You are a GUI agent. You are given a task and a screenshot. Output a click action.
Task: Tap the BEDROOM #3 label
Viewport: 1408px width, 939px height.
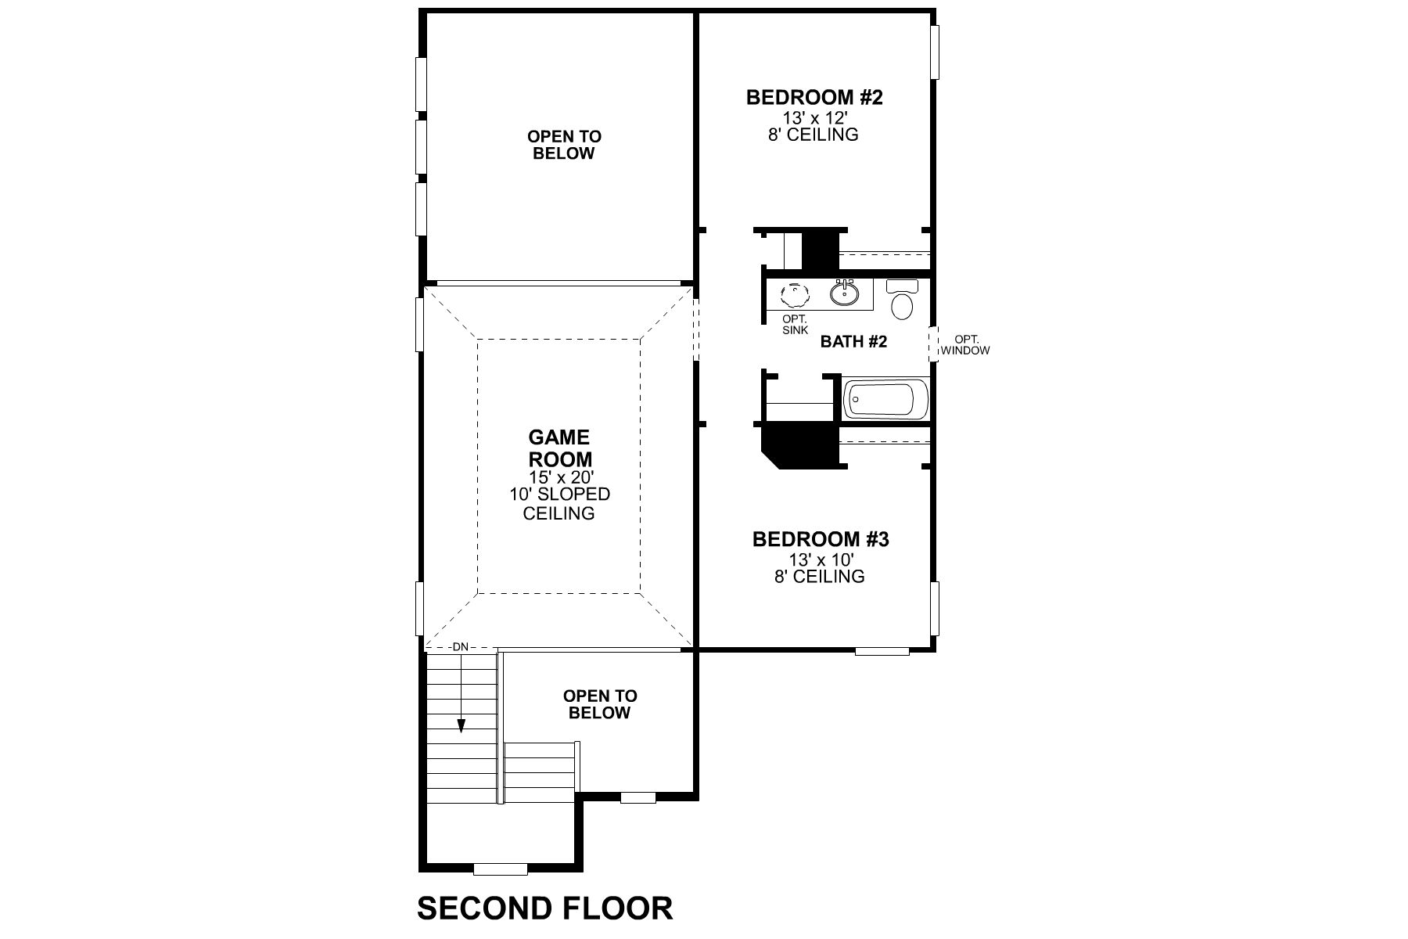point(820,539)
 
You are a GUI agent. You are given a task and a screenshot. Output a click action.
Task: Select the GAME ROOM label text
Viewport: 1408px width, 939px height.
point(559,448)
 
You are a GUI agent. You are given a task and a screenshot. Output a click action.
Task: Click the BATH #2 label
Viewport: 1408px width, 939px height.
point(853,341)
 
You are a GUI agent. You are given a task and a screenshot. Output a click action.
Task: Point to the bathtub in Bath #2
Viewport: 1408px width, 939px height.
point(885,400)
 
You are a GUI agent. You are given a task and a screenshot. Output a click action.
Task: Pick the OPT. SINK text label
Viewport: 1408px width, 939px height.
point(795,325)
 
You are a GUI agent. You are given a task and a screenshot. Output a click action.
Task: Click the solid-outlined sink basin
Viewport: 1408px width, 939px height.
point(845,294)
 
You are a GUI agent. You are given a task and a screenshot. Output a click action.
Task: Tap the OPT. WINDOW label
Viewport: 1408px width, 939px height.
point(965,345)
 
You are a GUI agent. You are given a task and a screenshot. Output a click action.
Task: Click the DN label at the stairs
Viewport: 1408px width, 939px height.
point(460,647)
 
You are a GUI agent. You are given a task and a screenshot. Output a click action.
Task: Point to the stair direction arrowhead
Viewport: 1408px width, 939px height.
point(462,726)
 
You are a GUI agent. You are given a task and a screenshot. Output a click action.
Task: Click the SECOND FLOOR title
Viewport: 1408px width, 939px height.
point(544,908)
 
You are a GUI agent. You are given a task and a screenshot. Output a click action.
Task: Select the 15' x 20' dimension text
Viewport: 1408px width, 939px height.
point(559,477)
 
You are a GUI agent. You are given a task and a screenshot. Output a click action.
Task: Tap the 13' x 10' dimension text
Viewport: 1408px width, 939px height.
point(820,559)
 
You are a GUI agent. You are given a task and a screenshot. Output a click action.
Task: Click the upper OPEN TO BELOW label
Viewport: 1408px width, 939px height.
point(564,145)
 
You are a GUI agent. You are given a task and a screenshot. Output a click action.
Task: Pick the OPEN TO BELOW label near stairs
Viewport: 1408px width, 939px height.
point(600,704)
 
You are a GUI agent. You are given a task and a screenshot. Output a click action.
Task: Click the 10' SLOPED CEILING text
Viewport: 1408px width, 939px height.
point(559,504)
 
